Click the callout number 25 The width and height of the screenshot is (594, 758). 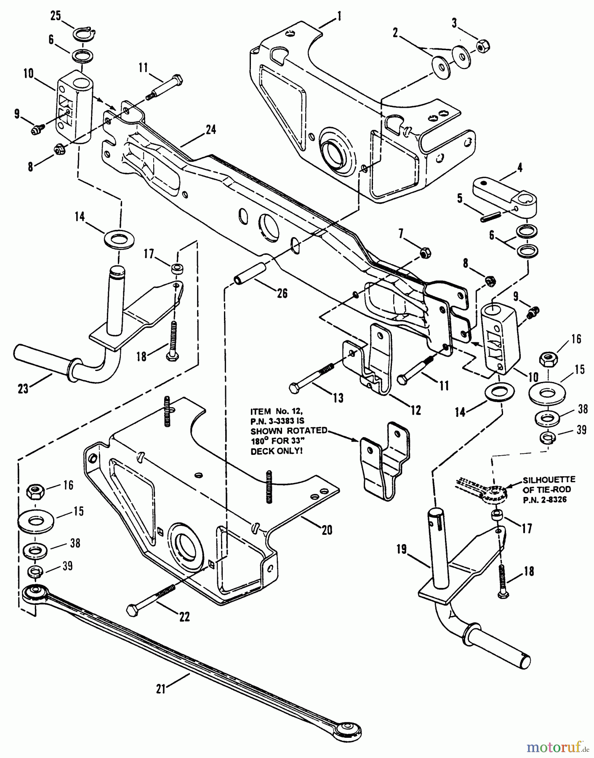[56, 16]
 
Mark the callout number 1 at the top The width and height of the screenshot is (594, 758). [339, 16]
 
